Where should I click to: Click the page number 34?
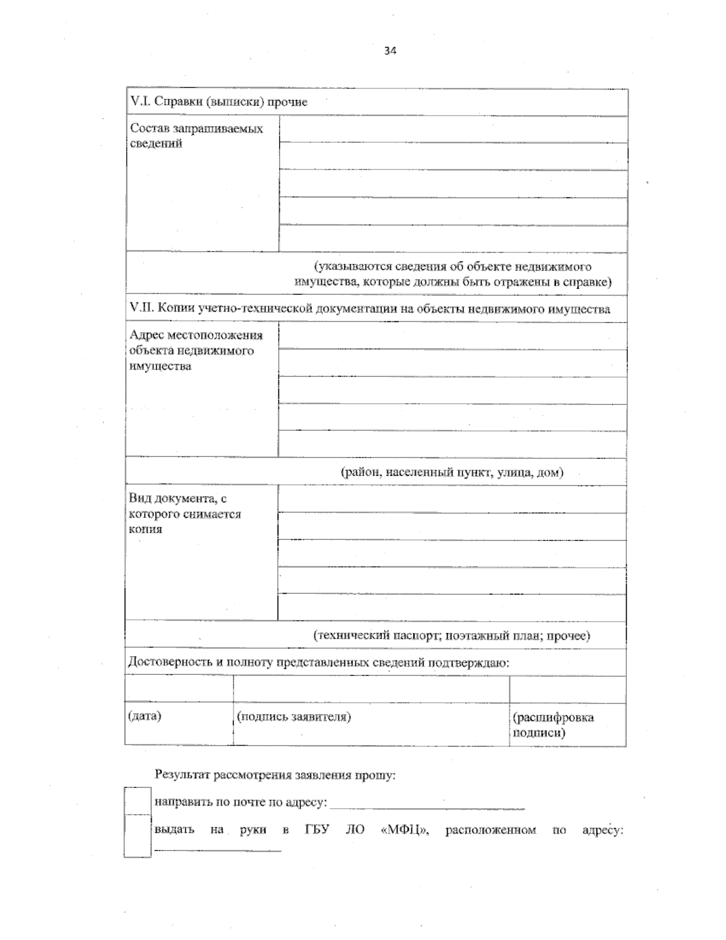coord(390,51)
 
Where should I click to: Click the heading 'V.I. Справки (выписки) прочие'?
coord(219,102)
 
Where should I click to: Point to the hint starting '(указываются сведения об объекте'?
coord(453,274)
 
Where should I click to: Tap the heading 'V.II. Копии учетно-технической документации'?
coord(370,309)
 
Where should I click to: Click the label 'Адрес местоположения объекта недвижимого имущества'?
coord(195,350)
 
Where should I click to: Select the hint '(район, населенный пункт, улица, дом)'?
coord(452,473)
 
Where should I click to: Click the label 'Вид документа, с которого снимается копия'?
coord(185,514)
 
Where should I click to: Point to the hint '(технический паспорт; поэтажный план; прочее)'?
coord(451,636)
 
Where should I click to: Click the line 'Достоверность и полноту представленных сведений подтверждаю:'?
coord(319,663)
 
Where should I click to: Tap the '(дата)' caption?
coord(145,717)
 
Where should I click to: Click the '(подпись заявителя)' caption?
coord(294,717)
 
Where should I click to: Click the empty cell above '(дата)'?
coord(179,689)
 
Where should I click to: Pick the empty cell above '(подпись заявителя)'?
coord(370,689)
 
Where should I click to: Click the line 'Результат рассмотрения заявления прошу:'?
coord(275,775)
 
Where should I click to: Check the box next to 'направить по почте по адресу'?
coord(137,801)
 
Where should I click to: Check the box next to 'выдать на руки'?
coord(137,836)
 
